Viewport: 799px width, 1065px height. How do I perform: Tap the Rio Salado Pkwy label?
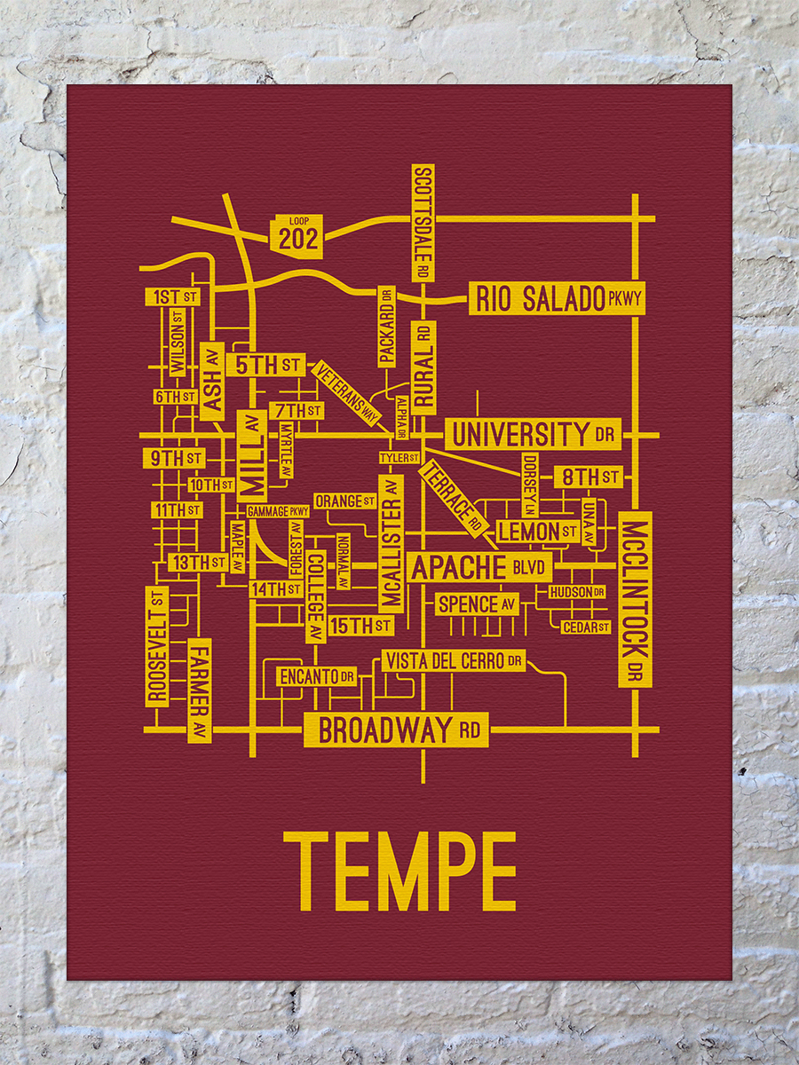[557, 299]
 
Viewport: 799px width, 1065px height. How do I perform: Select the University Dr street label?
[533, 434]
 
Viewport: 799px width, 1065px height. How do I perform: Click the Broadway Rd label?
[396, 730]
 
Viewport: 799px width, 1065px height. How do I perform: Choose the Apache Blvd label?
[479, 567]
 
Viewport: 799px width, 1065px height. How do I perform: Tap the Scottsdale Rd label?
[423, 223]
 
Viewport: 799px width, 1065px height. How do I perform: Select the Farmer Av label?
[200, 690]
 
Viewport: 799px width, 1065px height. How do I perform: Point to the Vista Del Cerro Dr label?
[453, 660]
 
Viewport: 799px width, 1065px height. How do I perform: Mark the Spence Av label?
[477, 604]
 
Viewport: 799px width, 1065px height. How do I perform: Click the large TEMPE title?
[399, 872]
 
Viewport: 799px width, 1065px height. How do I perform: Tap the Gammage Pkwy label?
[278, 511]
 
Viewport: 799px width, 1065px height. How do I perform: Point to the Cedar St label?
[586, 627]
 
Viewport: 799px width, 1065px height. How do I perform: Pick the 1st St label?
[174, 296]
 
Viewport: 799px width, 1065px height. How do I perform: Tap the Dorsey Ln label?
[530, 485]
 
